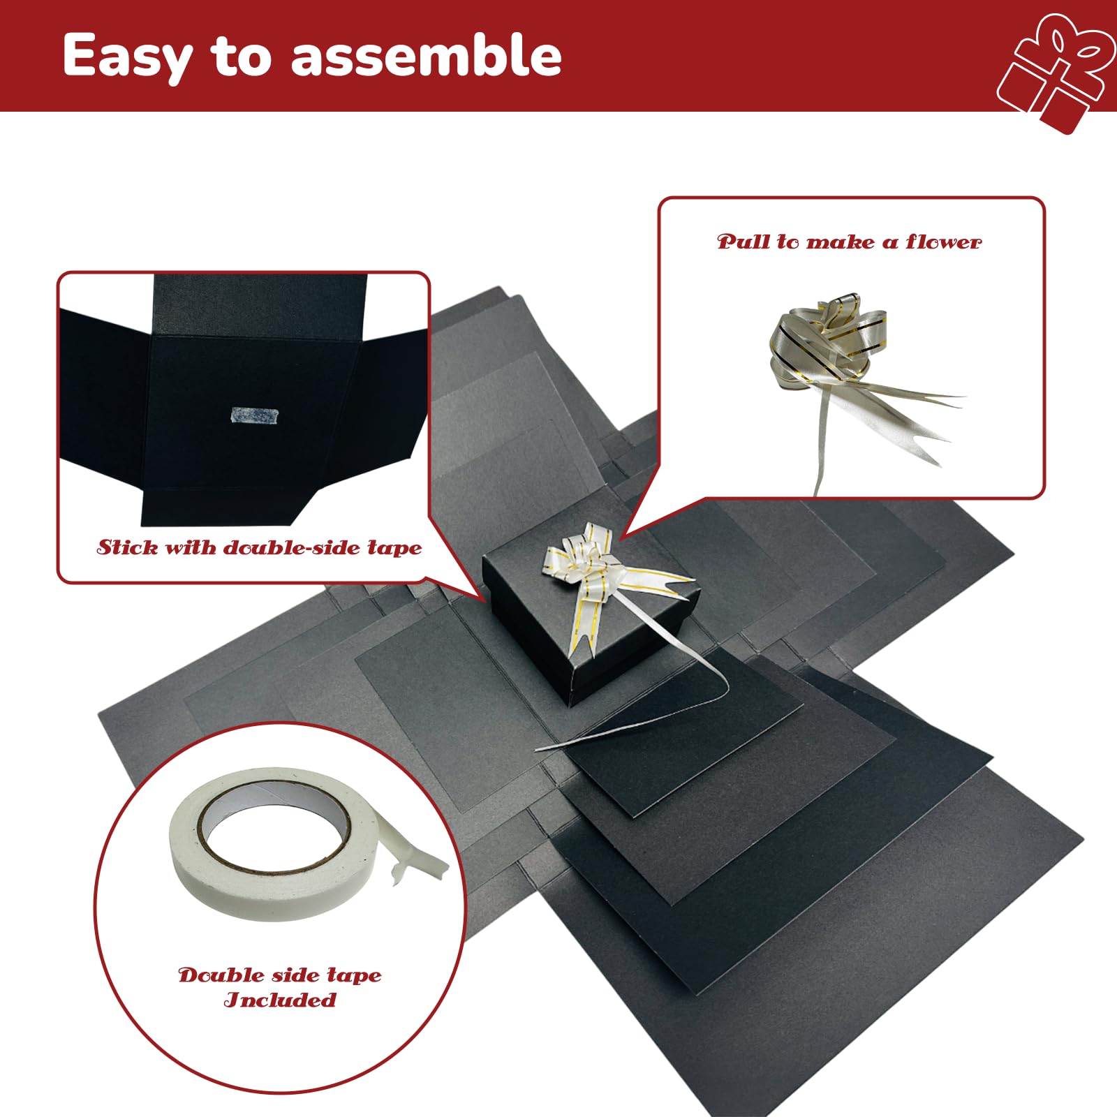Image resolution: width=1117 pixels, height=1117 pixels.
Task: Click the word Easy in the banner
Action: pos(126,57)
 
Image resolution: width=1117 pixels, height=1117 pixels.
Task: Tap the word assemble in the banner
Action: pos(426,55)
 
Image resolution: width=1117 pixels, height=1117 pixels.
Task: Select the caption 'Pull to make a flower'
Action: pos(849,242)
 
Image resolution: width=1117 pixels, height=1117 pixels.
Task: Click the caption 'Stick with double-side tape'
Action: pos(260,547)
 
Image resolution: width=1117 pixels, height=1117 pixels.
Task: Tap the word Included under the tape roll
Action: pos(280,1000)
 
